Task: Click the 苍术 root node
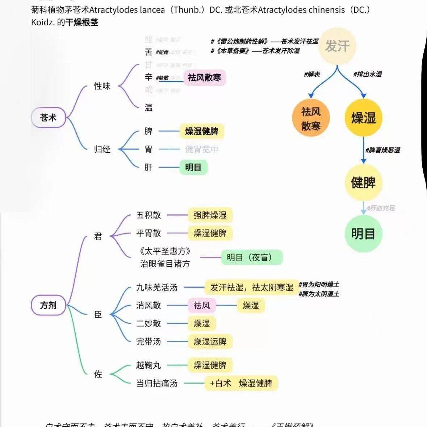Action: click(48, 118)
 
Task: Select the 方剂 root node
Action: click(48, 305)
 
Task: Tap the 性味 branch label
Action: click(102, 86)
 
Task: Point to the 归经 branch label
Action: click(102, 149)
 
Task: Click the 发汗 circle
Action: click(337, 46)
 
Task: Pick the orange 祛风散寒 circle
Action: click(311, 118)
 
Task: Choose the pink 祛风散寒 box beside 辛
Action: click(204, 78)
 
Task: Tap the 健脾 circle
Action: click(363, 183)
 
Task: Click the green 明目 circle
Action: click(363, 234)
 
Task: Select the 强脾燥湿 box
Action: click(210, 215)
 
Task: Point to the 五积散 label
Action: click(148, 215)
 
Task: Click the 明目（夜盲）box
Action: click(251, 258)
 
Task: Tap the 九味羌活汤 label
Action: click(157, 288)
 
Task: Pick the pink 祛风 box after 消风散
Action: click(202, 305)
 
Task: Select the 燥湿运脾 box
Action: click(210, 342)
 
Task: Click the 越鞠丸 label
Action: click(148, 365)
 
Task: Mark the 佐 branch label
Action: click(98, 374)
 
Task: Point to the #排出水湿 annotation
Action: click(367, 74)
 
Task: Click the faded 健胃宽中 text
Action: click(201, 149)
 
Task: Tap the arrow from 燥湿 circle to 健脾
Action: click(363, 150)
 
